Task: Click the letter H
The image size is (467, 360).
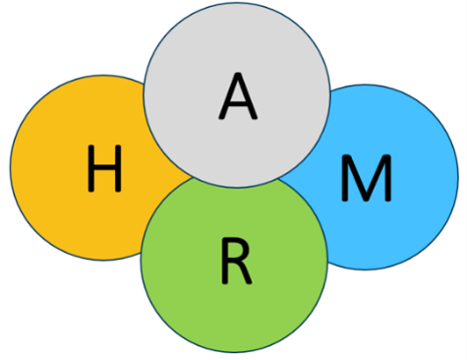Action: point(104,168)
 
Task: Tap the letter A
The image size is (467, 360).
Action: point(238,95)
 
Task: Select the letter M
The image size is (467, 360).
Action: point(367,178)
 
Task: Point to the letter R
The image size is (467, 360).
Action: point(237,261)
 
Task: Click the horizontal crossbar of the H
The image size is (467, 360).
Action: point(104,167)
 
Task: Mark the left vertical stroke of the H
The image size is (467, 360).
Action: point(90,168)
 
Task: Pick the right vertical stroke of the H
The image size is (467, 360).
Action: point(118,168)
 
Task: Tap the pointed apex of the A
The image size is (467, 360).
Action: point(238,74)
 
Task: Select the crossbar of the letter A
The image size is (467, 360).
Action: point(238,104)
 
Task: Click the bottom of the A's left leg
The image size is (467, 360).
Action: point(222,117)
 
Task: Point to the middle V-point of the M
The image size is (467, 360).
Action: point(367,198)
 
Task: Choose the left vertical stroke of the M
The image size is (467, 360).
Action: point(345,178)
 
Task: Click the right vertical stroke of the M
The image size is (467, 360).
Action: point(388,178)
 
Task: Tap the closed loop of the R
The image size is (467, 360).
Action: point(239,252)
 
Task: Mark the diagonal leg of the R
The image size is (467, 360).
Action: point(245,273)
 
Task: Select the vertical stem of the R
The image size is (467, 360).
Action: point(224,261)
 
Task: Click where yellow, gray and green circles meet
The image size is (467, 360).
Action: point(193,178)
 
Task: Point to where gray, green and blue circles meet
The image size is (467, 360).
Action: point(278,179)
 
